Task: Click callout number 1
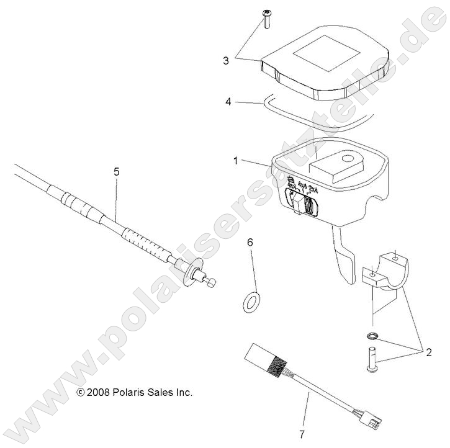coord(236,160)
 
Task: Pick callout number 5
coord(116,172)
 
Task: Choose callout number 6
coord(250,242)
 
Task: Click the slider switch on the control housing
coord(302,204)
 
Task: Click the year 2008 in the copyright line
coord(98,392)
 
